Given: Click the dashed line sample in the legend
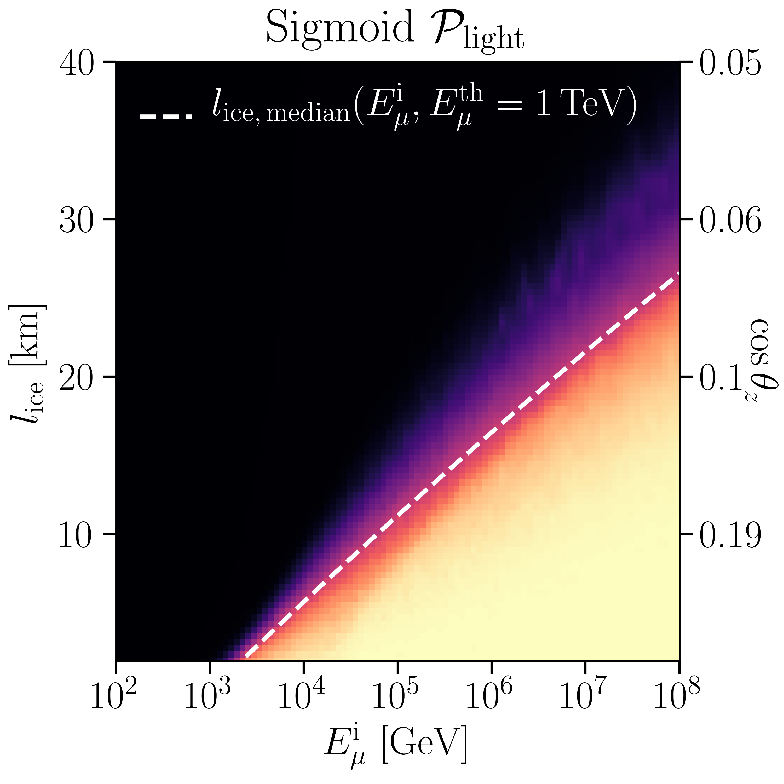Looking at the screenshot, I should pyautogui.click(x=166, y=117).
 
